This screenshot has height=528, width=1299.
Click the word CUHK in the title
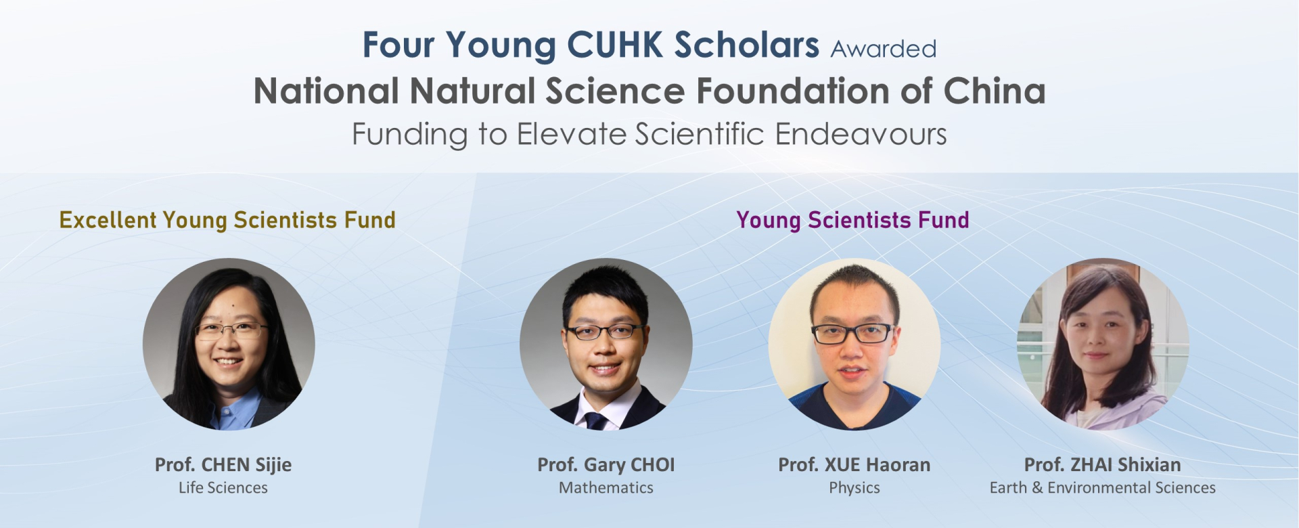pos(615,45)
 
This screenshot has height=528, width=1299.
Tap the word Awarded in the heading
pos(884,49)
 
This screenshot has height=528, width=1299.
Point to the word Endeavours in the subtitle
pos(861,134)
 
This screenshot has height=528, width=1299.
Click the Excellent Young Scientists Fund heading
pos(227,221)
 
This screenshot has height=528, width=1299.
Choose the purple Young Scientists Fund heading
pos(852,221)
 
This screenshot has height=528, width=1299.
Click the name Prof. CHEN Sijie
pos(223,465)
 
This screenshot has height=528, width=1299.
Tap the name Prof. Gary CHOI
pos(606,465)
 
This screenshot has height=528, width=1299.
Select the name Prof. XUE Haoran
pos(854,465)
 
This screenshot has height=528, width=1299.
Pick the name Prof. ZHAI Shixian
pos(1103,465)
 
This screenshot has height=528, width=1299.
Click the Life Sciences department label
pos(223,488)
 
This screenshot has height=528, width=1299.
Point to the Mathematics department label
pos(606,488)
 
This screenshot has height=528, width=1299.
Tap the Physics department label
pos(854,488)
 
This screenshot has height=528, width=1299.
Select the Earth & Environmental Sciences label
pos(1103,488)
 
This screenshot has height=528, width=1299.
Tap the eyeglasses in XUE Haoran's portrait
pos(852,333)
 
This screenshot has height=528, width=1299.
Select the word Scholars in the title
pos(747,45)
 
